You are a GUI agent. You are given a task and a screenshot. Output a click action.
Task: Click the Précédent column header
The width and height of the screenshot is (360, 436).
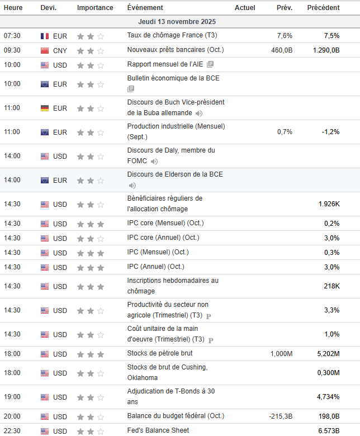323,7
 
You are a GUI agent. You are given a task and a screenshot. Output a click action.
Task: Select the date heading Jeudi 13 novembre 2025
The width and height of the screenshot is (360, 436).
177,22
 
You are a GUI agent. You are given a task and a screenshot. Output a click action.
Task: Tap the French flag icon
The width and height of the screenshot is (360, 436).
45,36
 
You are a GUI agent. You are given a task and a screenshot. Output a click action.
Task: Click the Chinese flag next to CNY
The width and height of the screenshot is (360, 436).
45,51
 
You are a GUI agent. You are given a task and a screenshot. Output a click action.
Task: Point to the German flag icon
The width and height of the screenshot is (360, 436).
45,108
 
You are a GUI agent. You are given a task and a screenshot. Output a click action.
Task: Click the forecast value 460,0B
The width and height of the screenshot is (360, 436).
282,50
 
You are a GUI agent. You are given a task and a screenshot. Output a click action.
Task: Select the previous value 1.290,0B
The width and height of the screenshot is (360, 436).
326,50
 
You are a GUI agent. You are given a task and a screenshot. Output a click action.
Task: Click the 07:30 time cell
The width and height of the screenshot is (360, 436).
12,36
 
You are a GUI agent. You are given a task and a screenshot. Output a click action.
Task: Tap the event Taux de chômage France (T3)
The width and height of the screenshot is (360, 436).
172,35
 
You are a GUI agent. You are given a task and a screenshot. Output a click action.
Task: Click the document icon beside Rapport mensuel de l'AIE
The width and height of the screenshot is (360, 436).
210,64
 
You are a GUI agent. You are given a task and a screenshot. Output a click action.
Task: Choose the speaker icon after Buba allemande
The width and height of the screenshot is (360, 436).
199,113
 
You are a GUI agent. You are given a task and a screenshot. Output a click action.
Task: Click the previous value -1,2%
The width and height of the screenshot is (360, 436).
330,132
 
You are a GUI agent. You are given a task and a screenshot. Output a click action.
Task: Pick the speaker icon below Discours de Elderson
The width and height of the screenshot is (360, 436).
132,186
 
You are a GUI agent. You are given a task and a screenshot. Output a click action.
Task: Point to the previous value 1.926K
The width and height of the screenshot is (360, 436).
329,204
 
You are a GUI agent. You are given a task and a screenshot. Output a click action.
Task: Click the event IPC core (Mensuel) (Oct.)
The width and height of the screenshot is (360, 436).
165,223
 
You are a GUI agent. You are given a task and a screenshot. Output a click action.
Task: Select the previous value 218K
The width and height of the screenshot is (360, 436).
331,286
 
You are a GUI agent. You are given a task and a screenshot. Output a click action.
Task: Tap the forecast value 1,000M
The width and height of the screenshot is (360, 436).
281,354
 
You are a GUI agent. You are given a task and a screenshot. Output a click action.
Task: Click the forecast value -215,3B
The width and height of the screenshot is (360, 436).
281,416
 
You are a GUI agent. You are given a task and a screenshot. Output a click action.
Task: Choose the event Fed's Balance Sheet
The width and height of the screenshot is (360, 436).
158,430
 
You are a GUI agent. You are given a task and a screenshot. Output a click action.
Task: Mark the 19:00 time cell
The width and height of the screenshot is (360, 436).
12,397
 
